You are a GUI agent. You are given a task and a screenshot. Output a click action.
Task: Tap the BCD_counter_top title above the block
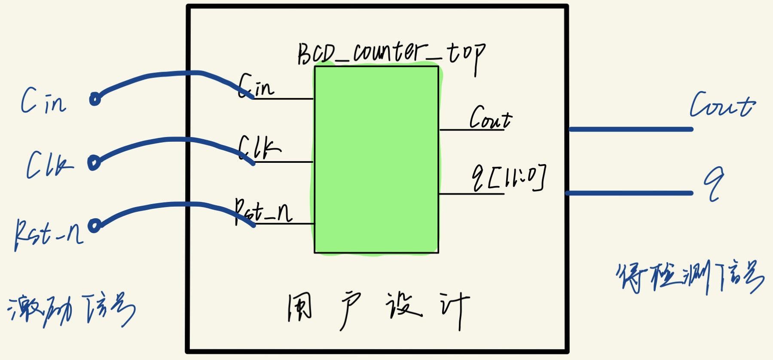391,55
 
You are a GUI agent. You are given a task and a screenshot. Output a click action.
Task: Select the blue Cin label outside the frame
43,101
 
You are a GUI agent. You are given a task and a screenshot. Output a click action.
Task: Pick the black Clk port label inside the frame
259,148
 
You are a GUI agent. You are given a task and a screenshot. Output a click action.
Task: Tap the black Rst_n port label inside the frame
263,211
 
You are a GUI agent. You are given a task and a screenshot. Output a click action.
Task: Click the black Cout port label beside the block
490,118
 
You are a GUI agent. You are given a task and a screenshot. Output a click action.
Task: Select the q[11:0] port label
509,177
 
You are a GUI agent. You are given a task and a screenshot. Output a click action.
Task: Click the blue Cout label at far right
722,105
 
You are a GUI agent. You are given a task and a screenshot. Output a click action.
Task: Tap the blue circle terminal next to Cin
95,99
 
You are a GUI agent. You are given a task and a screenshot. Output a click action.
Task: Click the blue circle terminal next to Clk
94,163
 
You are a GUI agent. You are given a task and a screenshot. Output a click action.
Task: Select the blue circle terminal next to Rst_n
95,225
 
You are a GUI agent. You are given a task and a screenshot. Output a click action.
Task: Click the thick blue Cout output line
631,129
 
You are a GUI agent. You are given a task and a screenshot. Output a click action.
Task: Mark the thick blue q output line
629,193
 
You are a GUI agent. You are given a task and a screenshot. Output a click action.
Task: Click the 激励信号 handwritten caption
71,309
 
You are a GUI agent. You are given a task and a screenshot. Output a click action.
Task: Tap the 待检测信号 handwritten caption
690,277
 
